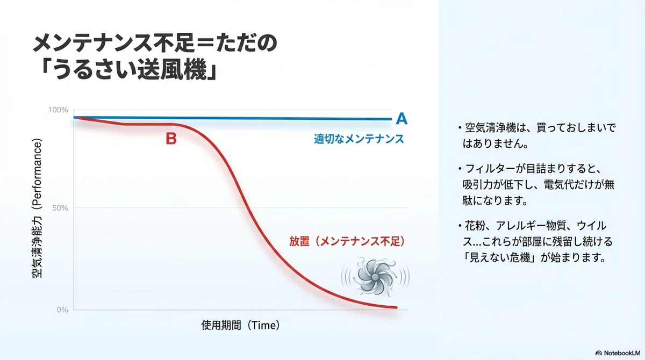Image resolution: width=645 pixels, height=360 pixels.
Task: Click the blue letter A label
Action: pos(402,118)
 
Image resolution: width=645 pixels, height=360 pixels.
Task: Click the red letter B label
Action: pos(171,139)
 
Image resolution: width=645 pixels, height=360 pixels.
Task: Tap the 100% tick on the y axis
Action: pos(58,110)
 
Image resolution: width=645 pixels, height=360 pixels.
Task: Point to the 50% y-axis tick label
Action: pos(60,208)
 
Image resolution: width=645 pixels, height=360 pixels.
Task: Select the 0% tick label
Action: pos(62,309)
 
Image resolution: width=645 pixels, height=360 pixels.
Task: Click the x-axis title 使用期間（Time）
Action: pos(240,325)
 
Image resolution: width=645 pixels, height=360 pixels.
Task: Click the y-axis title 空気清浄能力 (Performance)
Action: pos(37,208)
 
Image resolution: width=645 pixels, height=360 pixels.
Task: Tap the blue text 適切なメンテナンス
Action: pos(359,139)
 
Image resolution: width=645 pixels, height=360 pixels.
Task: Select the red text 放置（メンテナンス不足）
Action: pos(347,241)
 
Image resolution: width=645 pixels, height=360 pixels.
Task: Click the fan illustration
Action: pos(375,277)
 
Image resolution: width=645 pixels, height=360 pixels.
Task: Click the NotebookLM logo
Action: pos(618,353)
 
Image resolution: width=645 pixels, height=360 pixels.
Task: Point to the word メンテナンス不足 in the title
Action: pos(114,42)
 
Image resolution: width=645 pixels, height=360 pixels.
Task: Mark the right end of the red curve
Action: pos(396,307)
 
